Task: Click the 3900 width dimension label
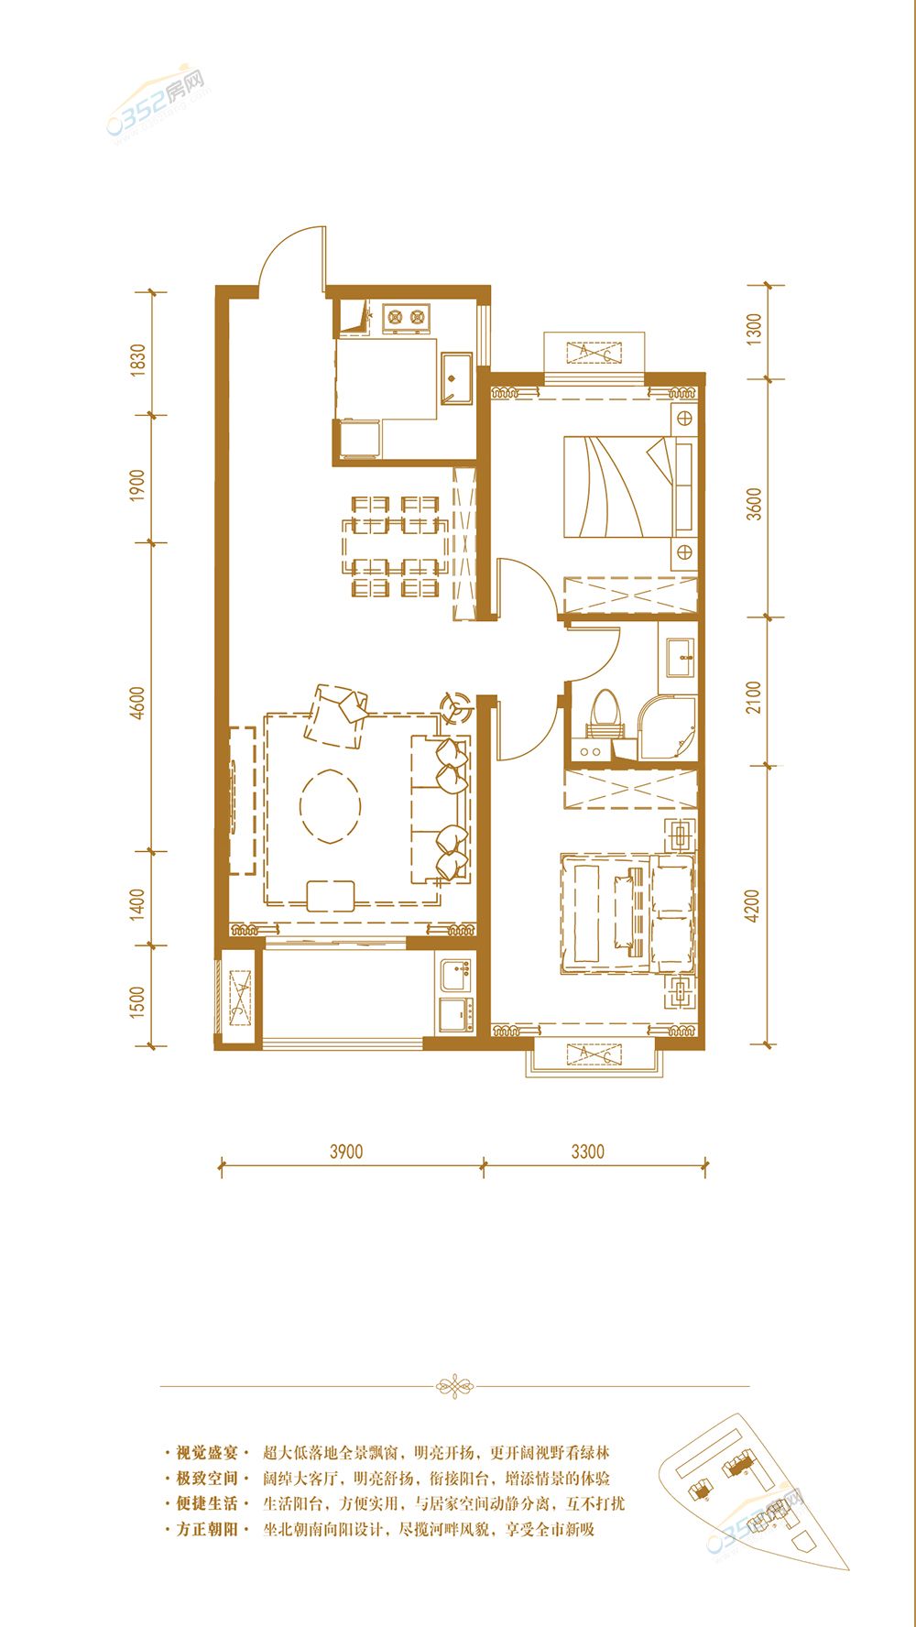[346, 1152]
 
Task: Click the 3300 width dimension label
[588, 1152]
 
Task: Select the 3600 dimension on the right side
[754, 504]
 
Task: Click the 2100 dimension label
[754, 697]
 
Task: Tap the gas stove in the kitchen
[406, 317]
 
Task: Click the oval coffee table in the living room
[330, 804]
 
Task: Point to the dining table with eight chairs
[396, 546]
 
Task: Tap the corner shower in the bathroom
[667, 729]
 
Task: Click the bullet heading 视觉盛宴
[206, 1452]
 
